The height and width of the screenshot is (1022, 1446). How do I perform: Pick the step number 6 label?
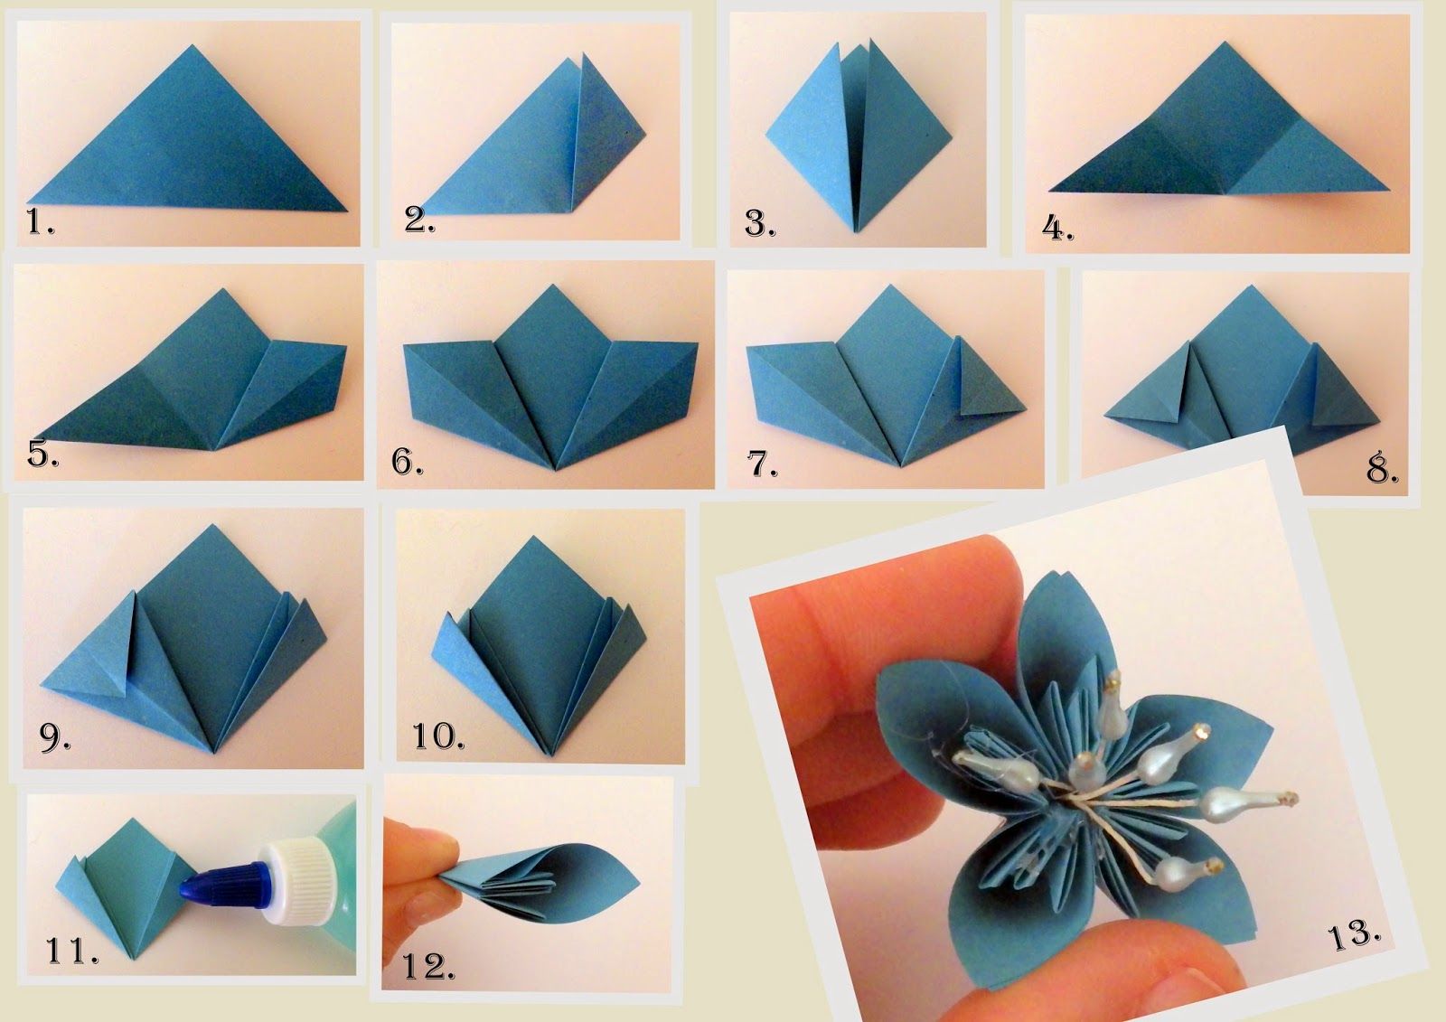[408, 462]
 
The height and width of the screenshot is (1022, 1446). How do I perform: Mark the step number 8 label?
[1383, 469]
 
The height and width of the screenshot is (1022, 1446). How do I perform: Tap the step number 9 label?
[55, 737]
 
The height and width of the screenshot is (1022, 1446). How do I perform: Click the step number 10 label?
[438, 736]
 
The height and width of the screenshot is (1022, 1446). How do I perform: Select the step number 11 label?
[72, 951]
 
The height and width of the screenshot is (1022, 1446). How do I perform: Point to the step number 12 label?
[428, 967]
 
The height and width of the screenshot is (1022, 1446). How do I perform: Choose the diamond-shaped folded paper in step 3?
[859, 136]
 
